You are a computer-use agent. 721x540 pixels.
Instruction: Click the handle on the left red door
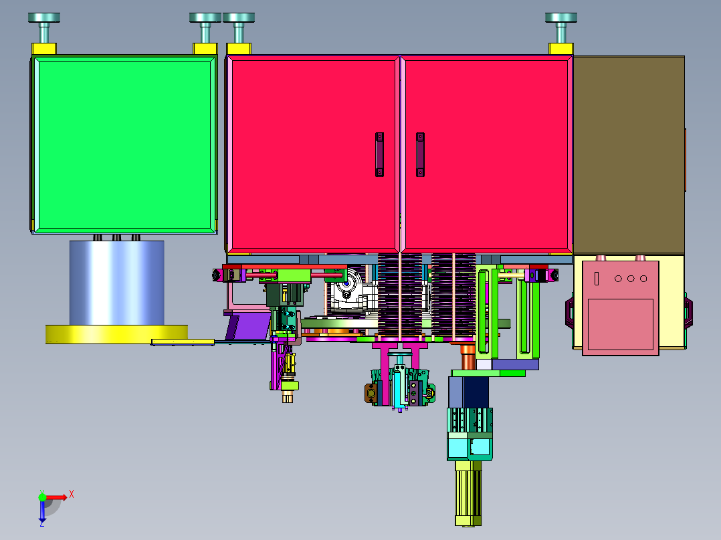coord(379,154)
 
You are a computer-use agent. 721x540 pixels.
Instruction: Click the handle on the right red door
coord(420,154)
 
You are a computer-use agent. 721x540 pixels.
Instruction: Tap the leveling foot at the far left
coord(44,27)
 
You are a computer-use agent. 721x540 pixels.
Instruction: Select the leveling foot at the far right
coord(561,27)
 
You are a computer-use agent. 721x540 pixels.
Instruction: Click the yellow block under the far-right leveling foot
coord(561,49)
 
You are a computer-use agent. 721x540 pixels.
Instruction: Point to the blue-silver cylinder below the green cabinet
coord(117,283)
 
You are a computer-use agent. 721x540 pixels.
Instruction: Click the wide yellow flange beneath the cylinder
coord(116,334)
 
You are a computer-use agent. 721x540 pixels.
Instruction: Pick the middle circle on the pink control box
coord(631,279)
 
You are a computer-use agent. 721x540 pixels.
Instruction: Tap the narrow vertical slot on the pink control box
coord(597,279)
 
